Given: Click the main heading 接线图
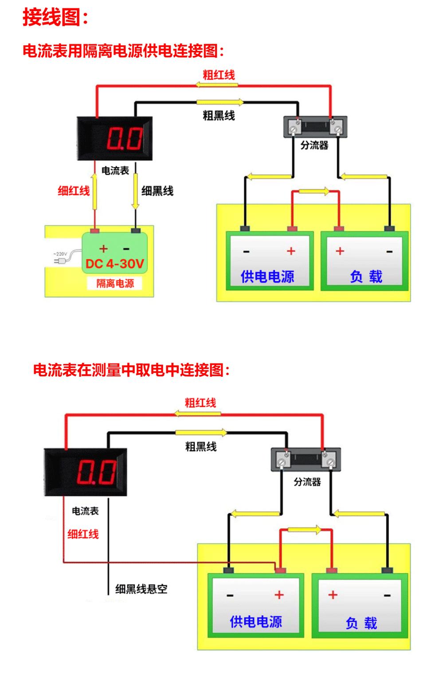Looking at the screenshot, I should click(x=55, y=18).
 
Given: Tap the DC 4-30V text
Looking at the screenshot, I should click(x=115, y=264).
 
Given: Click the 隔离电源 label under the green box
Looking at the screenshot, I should click(x=115, y=283).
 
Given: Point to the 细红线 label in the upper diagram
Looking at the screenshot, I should click(x=74, y=191).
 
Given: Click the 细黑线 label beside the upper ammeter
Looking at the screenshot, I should click(x=157, y=191).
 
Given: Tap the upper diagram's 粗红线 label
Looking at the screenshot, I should click(x=219, y=75).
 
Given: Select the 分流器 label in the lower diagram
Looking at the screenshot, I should click(x=307, y=482).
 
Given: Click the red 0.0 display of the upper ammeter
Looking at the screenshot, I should click(x=125, y=138).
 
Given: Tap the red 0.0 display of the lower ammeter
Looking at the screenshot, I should click(x=97, y=473).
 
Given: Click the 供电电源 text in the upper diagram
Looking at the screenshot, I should click(x=267, y=277).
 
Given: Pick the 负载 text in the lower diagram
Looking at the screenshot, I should click(x=361, y=623).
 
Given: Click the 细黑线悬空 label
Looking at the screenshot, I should click(x=141, y=589).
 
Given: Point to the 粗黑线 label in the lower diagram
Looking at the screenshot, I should click(x=200, y=446).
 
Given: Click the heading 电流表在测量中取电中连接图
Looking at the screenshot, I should click(x=132, y=370).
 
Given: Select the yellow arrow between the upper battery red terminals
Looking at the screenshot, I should click(x=314, y=192).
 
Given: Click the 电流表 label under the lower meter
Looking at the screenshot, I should click(x=85, y=511).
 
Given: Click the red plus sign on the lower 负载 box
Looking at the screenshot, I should click(x=333, y=594).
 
